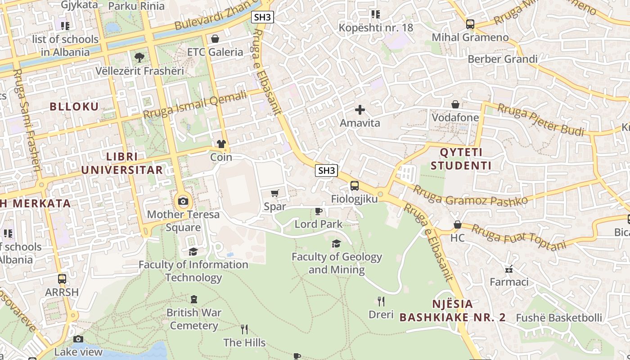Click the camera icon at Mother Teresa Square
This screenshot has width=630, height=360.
[x=183, y=201]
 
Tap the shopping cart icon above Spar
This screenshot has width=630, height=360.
[x=275, y=193]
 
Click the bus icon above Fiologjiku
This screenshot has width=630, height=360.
[x=355, y=185]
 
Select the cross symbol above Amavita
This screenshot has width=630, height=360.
[x=360, y=109]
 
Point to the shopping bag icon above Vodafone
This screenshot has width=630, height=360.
[x=455, y=104]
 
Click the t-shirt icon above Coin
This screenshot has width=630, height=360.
[x=221, y=144]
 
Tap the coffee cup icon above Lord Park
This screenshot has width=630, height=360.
[x=319, y=211]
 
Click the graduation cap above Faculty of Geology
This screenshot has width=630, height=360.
[x=336, y=244]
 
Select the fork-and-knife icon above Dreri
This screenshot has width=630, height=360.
[x=381, y=301]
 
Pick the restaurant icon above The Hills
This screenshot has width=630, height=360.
[x=244, y=329]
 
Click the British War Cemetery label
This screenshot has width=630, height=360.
[x=194, y=319]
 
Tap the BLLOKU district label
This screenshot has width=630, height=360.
[x=74, y=107]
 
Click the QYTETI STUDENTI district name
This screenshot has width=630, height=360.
[x=461, y=159]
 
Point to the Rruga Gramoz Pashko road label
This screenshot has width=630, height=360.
[x=470, y=194]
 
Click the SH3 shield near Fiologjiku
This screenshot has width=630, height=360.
[x=327, y=170]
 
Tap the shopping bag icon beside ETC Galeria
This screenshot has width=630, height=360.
[x=215, y=39]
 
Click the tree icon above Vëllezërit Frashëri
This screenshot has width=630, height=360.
[x=139, y=58]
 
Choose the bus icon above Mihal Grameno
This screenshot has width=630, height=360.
[x=470, y=24]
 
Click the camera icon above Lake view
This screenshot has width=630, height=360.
[x=78, y=339]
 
